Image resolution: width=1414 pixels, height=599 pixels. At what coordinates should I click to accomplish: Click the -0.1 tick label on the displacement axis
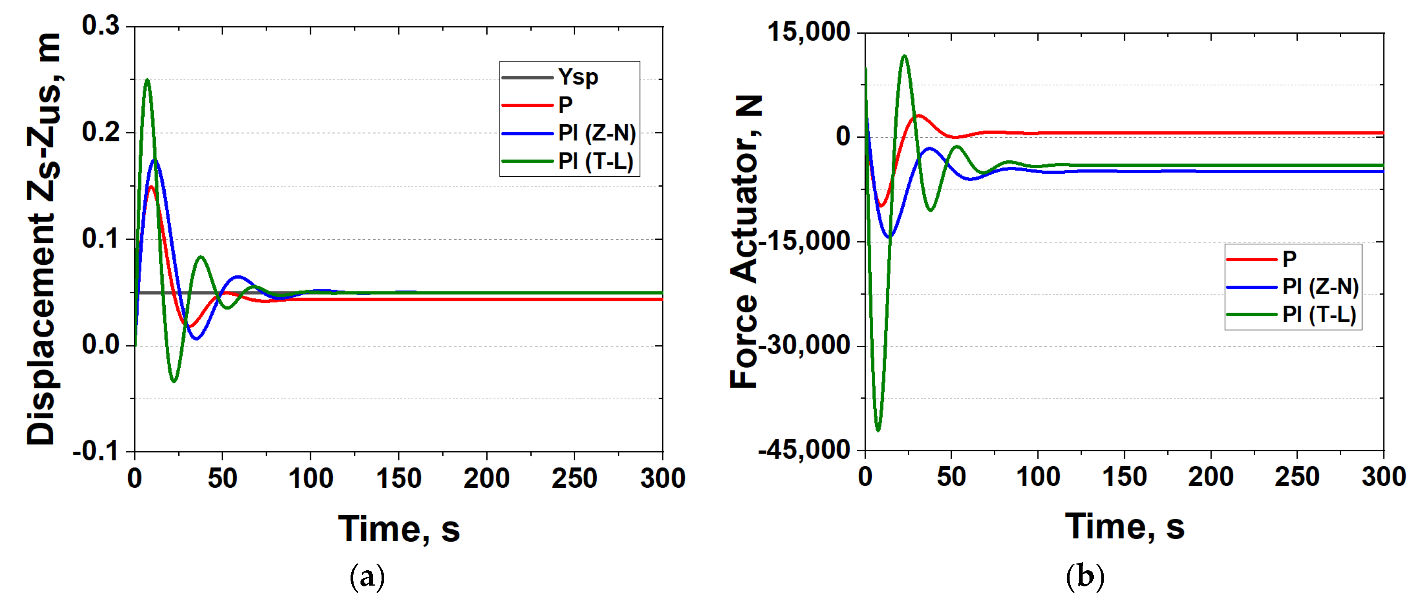tap(96, 451)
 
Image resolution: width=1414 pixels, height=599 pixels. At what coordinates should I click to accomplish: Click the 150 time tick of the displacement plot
tap(398, 479)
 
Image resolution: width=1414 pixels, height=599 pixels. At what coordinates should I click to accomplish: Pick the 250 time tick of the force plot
tap(1297, 477)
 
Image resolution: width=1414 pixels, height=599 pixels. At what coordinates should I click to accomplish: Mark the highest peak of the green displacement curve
tap(147, 80)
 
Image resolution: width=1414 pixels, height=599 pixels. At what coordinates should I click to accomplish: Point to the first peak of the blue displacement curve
tap(155, 160)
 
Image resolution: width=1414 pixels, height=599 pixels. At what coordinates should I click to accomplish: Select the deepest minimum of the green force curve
tap(878, 430)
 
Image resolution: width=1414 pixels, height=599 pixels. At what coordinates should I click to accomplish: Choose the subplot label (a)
tap(367, 577)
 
